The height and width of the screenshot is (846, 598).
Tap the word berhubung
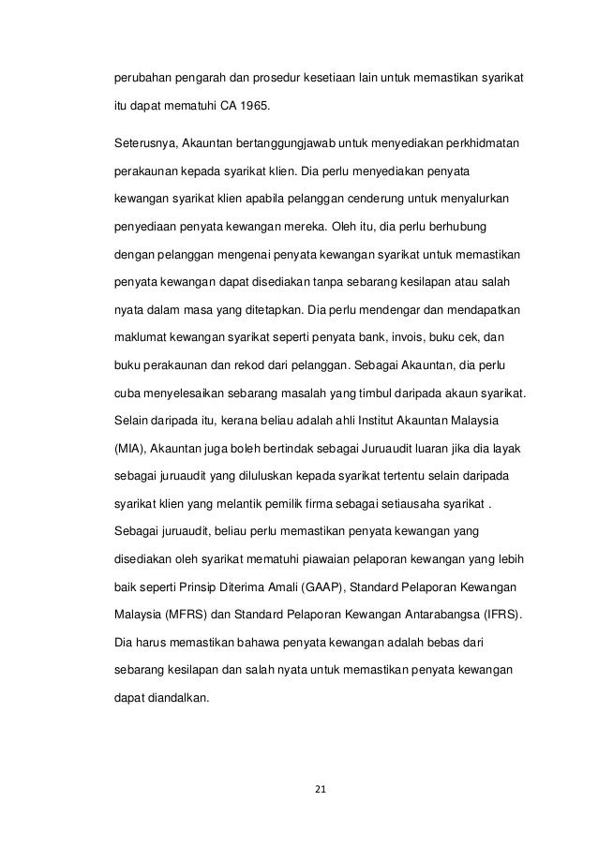click(473, 228)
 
